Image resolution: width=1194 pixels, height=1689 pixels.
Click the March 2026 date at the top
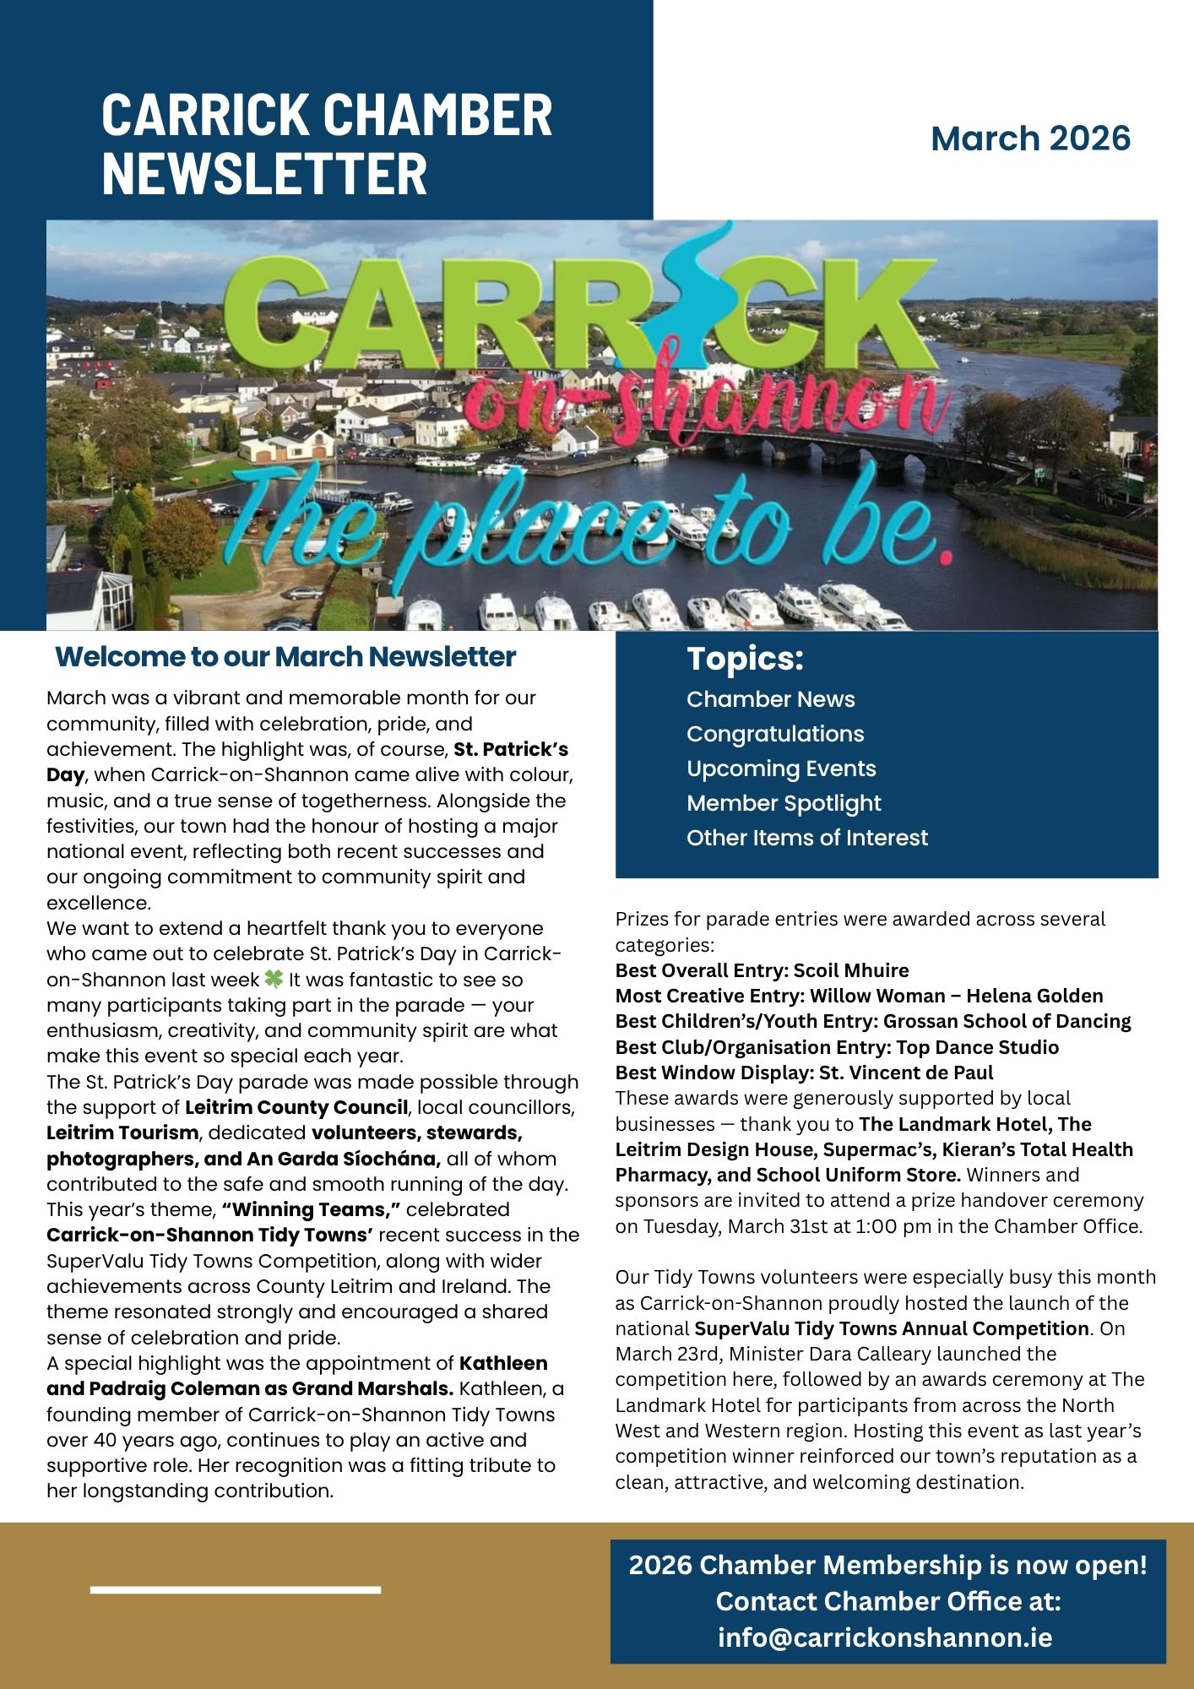coord(1030,138)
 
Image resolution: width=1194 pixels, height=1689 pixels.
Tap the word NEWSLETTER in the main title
coord(264,174)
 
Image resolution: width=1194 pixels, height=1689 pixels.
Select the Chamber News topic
coord(770,699)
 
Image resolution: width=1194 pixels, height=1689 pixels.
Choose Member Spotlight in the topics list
coord(783,803)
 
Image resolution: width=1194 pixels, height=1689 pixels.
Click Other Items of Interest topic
coord(806,838)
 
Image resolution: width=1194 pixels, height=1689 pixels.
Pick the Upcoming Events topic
coord(781,768)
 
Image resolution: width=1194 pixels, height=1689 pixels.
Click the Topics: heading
coord(745,659)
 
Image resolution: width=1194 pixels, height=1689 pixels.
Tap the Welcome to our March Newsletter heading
coord(285,657)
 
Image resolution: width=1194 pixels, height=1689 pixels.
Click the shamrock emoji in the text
coord(274,980)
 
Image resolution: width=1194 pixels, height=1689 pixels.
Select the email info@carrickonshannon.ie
coord(885,1637)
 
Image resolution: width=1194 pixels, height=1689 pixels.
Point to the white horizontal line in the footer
coord(235,1590)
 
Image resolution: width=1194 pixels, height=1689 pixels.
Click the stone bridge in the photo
coord(1013,448)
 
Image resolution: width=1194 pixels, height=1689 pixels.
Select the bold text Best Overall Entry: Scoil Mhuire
coord(762,970)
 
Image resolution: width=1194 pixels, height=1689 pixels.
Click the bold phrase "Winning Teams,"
coord(310,1209)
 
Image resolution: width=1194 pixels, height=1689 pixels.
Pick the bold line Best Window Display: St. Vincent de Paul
coord(804,1073)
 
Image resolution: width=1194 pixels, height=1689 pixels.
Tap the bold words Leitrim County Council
coord(296,1107)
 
